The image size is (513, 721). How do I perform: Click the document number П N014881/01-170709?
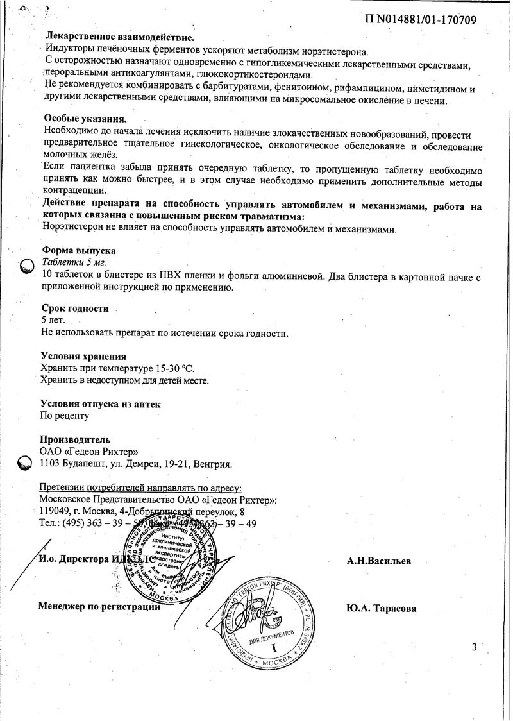point(420,20)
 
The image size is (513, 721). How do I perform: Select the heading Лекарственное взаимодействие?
point(119,38)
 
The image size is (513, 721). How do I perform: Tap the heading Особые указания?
point(85,119)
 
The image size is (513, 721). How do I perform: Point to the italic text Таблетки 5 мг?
point(74,262)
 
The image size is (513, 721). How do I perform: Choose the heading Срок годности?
point(74,309)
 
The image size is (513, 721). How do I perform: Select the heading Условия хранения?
point(83,356)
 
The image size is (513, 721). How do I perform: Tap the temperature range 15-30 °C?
point(171,368)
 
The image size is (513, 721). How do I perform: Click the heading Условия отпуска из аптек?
point(101,404)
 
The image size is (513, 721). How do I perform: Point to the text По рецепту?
point(65,416)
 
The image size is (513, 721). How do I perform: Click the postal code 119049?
point(54,511)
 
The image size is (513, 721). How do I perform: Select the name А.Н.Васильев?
point(379,561)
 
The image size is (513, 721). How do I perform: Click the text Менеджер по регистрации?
point(99,606)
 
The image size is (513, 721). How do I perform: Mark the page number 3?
point(474,647)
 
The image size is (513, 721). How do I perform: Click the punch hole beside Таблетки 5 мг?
point(24,264)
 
